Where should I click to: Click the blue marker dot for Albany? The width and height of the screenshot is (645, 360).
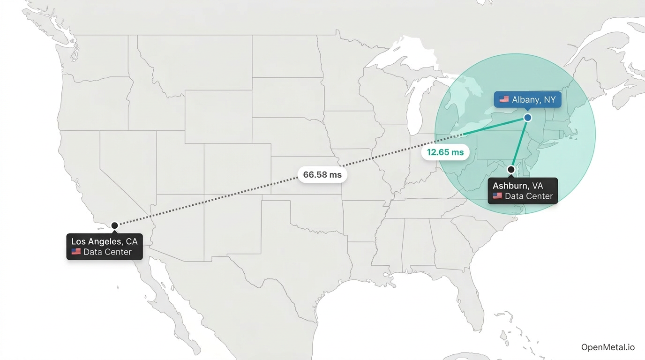coord(527,118)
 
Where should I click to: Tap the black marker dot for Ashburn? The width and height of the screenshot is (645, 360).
coord(511,169)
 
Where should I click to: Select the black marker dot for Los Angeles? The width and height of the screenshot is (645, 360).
coord(114,225)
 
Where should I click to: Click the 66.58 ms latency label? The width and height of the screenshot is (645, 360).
coord(322,175)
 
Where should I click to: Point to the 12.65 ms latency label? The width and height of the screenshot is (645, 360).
coord(445,152)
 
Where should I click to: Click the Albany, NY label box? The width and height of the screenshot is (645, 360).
coord(527,99)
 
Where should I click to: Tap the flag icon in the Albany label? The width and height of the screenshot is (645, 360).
coord(504,99)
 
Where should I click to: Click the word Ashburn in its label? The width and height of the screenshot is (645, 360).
coord(510,186)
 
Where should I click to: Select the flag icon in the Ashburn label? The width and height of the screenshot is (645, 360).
coord(497,196)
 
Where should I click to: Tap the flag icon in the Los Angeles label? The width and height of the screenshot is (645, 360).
coord(76,252)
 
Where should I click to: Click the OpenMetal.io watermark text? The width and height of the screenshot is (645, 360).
coord(608,347)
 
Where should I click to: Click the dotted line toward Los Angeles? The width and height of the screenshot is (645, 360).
coord(225,197)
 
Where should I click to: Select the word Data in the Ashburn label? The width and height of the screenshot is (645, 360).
coord(514,196)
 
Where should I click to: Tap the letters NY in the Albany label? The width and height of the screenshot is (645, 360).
coord(549,99)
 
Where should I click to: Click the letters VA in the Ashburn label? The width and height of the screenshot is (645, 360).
coord(537,186)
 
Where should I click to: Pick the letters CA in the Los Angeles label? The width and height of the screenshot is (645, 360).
coord(132,242)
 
